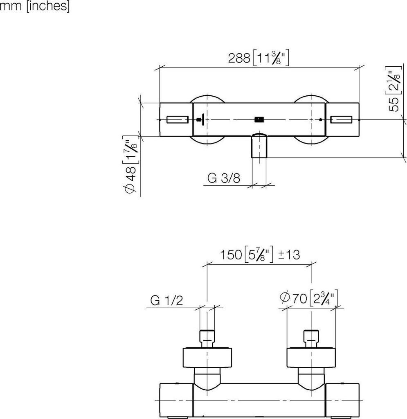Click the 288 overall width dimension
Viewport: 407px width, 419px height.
coord(239,58)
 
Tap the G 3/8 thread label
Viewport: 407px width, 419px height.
coord(224,178)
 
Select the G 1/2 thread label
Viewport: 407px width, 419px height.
coord(166,301)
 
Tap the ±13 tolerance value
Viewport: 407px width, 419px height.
coord(289,255)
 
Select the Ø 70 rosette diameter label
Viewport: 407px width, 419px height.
coord(295,298)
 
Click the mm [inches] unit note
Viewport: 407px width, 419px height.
coord(34,7)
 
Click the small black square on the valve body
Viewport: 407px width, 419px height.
coord(259,119)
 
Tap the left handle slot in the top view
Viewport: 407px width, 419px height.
coord(178,119)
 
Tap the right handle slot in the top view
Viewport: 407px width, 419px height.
coord(342,119)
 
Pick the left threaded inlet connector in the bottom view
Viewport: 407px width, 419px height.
coord(207,338)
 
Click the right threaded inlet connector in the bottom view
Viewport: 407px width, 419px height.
coord(312,338)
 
